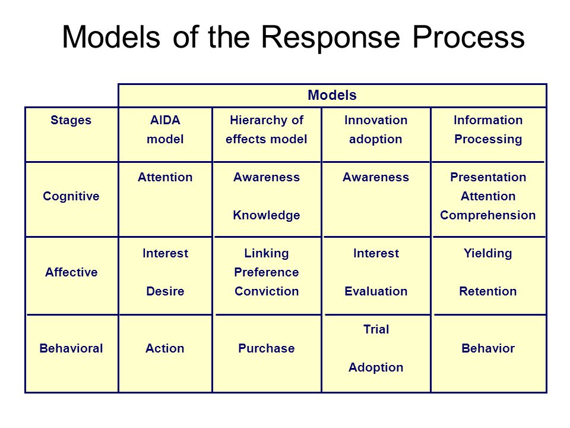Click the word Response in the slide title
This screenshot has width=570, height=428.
(331, 38)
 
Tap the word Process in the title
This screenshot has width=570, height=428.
(468, 37)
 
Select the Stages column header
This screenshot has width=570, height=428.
(71, 120)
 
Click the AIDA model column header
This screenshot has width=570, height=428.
(165, 130)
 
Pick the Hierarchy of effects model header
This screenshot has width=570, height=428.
(267, 130)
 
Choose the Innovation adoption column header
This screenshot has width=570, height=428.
(376, 130)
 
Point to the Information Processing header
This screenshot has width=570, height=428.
(488, 130)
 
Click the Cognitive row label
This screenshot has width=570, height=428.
(71, 197)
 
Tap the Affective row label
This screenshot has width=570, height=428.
(71, 272)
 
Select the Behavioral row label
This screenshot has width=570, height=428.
(71, 348)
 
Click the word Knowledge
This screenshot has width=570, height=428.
(267, 215)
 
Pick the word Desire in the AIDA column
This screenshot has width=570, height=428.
(165, 291)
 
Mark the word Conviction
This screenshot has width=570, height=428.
(267, 291)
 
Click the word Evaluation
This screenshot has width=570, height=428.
(376, 291)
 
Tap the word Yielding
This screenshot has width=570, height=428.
(488, 254)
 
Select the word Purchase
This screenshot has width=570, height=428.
(267, 348)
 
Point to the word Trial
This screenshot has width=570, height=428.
(376, 329)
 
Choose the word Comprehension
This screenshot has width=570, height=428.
(488, 215)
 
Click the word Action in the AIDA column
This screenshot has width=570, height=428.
(165, 348)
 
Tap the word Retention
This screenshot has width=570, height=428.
(488, 291)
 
